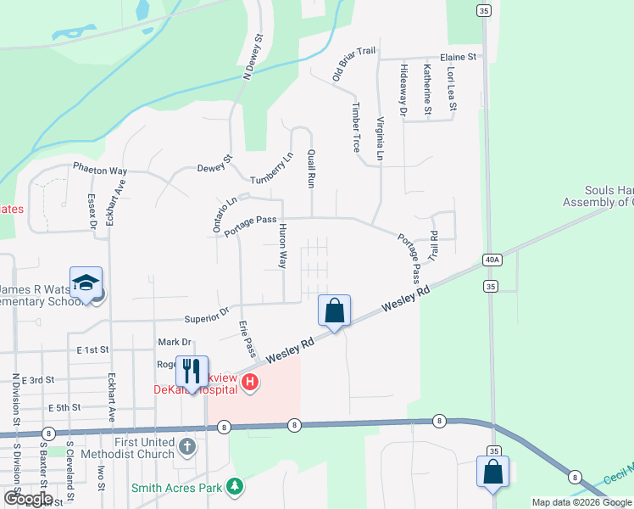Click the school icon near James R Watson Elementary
[x=86, y=283]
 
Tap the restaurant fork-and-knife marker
[x=192, y=372]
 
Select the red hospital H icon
[x=249, y=383]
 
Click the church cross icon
[x=187, y=445]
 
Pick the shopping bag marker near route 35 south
[x=493, y=472]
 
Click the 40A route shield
[x=492, y=259]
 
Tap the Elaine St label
[x=459, y=57]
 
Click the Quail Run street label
[x=312, y=168]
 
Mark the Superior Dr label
[x=207, y=317]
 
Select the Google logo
[x=28, y=499]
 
